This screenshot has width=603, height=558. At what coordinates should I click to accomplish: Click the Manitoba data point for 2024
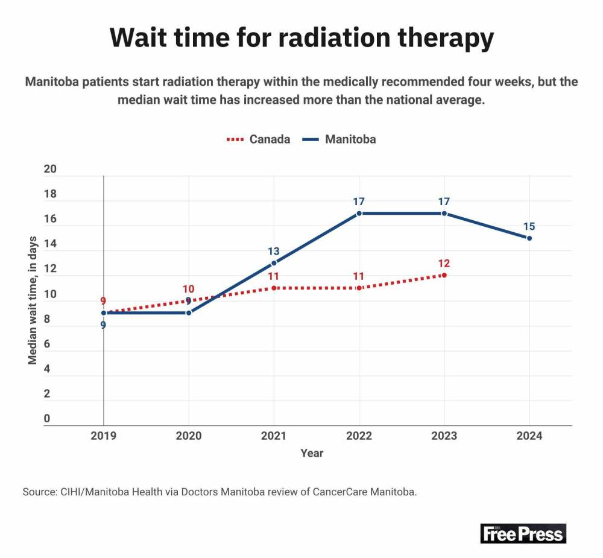529,238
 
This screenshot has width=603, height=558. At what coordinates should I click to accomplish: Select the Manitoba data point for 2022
359,214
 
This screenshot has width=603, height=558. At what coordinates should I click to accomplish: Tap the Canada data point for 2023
444,275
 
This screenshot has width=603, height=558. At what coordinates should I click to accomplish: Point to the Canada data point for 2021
274,288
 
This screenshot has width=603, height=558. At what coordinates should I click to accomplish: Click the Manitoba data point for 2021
274,263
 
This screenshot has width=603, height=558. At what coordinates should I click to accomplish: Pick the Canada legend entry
258,139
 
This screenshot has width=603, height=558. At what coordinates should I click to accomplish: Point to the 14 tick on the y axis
50,244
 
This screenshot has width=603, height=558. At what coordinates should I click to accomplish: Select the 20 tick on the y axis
50,170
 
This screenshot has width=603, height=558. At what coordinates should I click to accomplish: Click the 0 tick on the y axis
46,419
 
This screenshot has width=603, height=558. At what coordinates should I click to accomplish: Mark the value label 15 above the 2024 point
529,226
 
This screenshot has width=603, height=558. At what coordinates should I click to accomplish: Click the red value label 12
444,263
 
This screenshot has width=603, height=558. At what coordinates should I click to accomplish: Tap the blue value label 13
274,251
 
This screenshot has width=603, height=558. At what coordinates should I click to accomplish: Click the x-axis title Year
312,453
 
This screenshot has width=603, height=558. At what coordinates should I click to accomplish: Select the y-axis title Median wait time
33,300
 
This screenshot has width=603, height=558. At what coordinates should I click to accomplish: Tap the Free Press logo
523,533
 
